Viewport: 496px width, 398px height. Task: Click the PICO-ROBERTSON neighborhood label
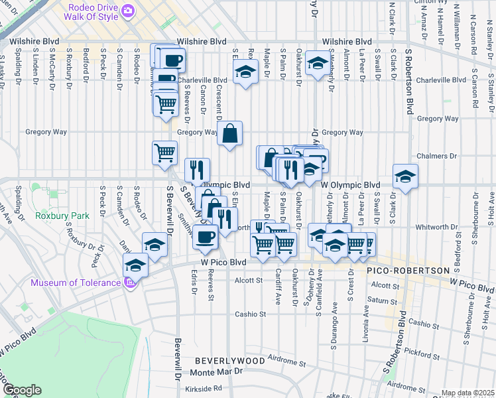coord(409,271)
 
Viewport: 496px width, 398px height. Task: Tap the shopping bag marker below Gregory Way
coord(229,134)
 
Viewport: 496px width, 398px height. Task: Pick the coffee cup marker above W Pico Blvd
coord(205,237)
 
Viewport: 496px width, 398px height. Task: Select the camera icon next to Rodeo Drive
coord(128,10)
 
